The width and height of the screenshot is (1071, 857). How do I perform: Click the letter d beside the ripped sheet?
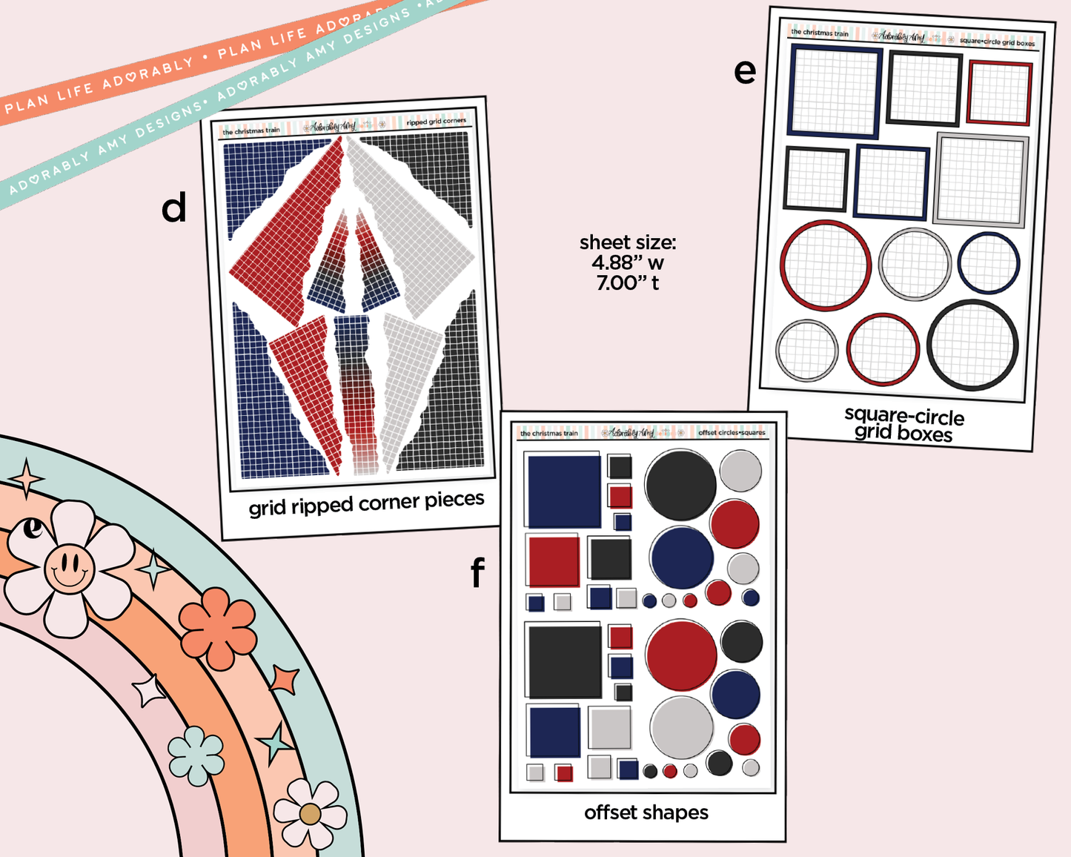click(174, 208)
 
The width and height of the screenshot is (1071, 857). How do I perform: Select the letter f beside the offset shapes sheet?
click(477, 572)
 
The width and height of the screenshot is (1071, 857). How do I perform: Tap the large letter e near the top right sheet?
click(745, 71)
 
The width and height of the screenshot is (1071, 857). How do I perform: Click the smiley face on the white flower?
click(69, 569)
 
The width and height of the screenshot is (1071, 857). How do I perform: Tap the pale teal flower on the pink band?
click(196, 755)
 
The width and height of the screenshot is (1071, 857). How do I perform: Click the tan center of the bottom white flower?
click(310, 814)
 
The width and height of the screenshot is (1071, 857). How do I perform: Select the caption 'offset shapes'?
click(646, 813)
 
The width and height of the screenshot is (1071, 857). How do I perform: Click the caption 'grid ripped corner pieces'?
click(366, 503)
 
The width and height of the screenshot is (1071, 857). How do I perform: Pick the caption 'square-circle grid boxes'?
click(903, 425)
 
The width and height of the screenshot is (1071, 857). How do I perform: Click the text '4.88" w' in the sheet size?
click(627, 262)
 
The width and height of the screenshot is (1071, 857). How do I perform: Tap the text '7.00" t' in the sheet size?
click(627, 282)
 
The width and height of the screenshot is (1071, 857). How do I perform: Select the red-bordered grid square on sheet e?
click(999, 93)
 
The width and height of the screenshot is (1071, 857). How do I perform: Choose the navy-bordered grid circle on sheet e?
click(988, 262)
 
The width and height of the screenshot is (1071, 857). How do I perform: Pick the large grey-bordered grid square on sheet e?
click(981, 180)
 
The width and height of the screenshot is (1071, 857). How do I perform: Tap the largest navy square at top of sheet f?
click(563, 491)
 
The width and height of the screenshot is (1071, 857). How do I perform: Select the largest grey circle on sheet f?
click(681, 727)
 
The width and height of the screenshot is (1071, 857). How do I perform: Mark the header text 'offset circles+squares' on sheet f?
click(732, 432)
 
